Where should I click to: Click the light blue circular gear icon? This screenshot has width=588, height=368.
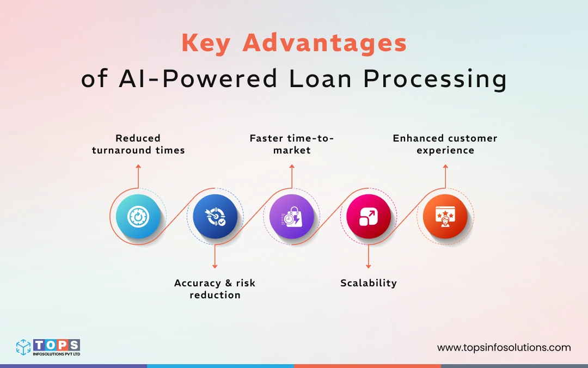(138, 217)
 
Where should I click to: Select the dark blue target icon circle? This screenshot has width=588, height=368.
(215, 217)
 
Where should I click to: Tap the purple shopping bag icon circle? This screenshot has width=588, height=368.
(292, 217)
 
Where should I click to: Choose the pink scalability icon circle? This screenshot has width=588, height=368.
(369, 217)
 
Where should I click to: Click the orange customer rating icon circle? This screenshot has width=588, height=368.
(445, 217)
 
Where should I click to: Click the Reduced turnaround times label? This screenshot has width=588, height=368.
(138, 144)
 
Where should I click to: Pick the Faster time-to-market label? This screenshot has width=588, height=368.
(292, 144)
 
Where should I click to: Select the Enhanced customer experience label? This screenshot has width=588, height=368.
(445, 144)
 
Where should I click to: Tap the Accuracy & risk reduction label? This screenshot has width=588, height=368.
(215, 289)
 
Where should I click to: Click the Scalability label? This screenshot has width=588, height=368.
(369, 283)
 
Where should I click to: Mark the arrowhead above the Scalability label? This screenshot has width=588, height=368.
(369, 266)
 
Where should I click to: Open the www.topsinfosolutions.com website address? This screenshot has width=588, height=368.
(504, 347)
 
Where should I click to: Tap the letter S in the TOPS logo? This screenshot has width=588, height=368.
(73, 345)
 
